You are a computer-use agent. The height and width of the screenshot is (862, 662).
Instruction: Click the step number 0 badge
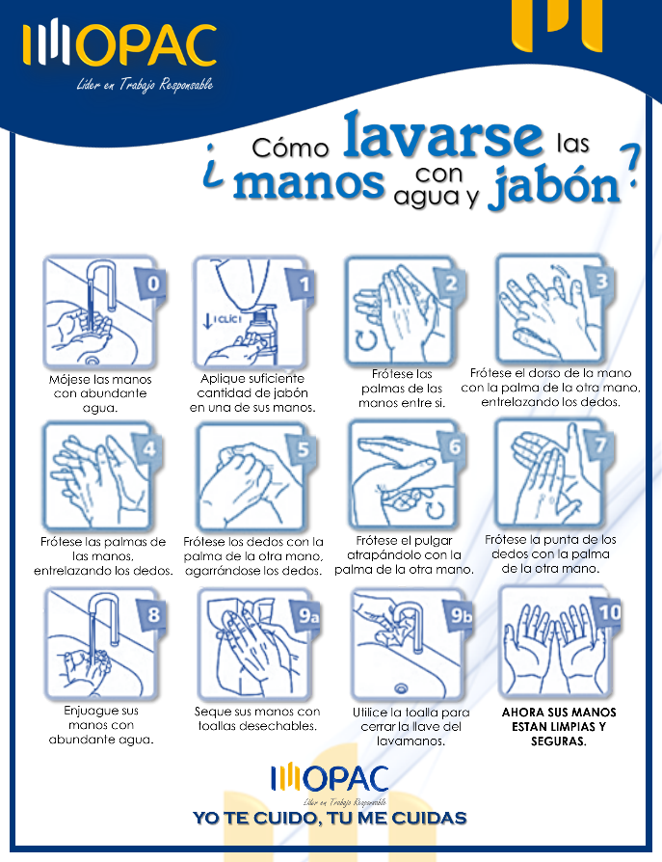point(151,283)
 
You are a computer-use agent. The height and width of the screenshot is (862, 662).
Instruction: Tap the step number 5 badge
point(303,449)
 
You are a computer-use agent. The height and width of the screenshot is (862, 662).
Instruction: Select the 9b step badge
point(460,616)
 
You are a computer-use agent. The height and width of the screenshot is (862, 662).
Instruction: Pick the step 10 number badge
point(608,612)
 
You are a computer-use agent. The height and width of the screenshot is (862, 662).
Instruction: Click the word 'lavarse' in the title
point(443,135)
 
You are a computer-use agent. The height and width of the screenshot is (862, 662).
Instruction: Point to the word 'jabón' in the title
point(555,186)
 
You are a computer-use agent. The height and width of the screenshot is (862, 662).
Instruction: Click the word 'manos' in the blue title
point(308,182)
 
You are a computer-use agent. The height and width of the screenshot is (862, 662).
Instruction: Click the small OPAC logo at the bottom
point(330,778)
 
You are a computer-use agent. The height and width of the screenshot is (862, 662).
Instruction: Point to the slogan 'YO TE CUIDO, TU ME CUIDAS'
point(330,818)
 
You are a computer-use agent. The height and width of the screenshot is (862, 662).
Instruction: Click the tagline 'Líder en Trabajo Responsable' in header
point(145,84)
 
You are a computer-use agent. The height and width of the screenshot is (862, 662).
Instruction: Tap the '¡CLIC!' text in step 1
point(226,319)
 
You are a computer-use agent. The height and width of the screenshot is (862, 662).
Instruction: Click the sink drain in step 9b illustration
point(402,687)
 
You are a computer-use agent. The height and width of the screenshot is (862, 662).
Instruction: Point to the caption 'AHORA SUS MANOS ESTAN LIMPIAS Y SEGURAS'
point(559,727)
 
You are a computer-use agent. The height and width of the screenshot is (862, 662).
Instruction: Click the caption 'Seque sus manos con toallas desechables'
point(257,718)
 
